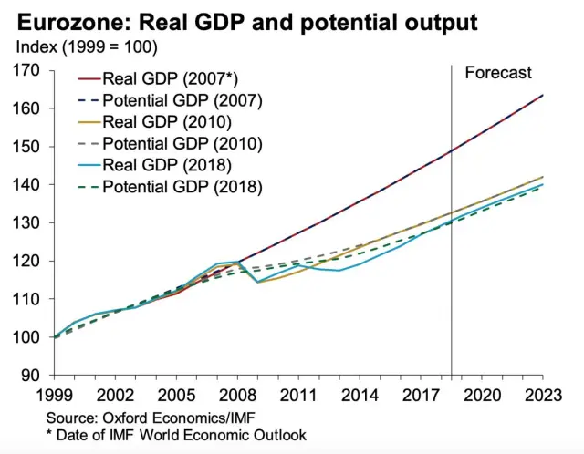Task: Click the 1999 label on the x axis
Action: pyautogui.click(x=54, y=395)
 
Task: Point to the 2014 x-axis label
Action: pyautogui.click(x=360, y=395)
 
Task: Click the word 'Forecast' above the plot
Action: pyautogui.click(x=498, y=73)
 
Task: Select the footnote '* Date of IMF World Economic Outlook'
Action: pyautogui.click(x=175, y=436)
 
